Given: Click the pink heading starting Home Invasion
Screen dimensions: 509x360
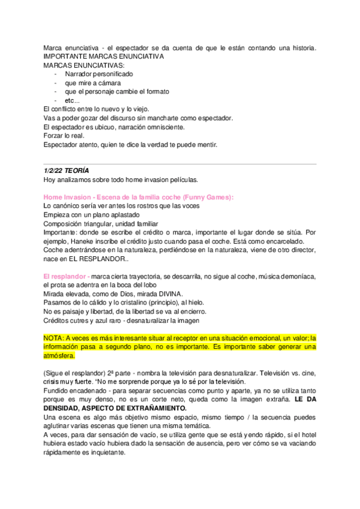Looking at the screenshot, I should (139, 197).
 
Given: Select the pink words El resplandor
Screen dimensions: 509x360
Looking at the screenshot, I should (67, 276).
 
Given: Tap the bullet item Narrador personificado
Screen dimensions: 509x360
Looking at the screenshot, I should (99, 74).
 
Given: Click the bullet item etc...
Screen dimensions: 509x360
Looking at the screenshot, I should (73, 100).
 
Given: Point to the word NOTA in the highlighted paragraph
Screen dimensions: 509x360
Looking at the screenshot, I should (53, 338).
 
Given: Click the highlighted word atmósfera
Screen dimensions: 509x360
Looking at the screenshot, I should (60, 355).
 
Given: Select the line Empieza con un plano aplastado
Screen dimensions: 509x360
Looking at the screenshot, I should (92, 214).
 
